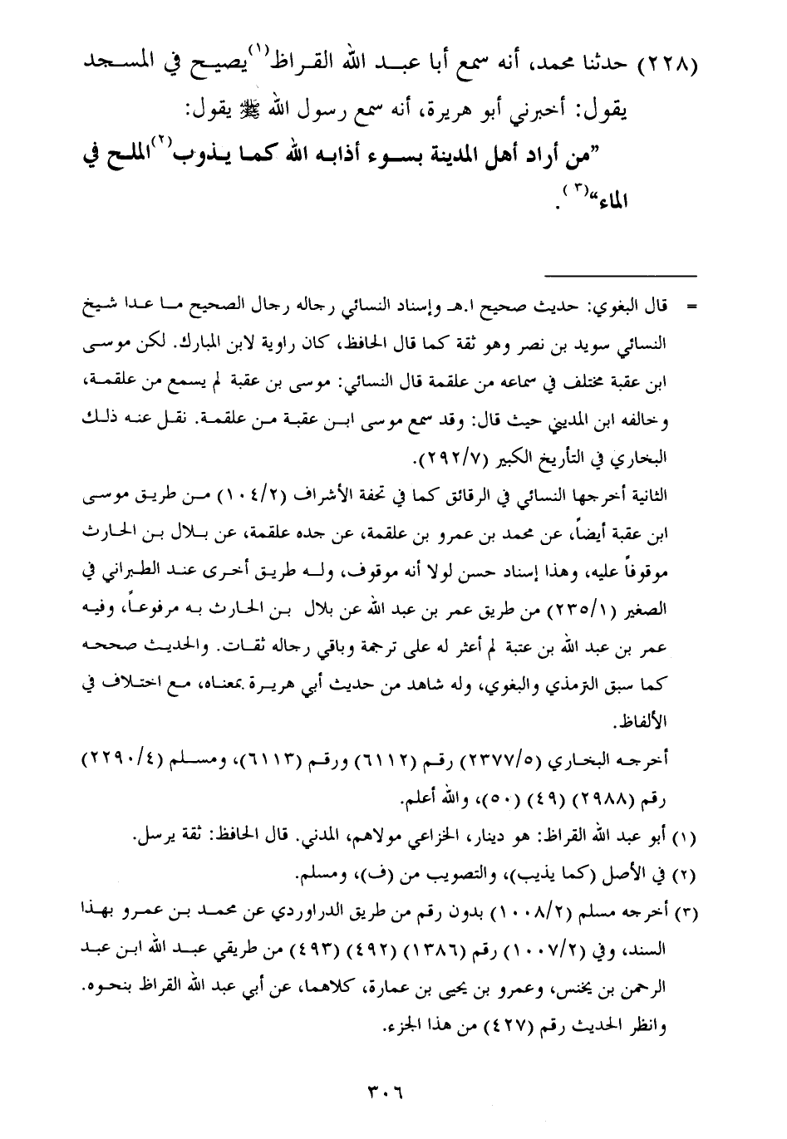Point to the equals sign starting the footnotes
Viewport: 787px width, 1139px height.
pyautogui.click(x=691, y=307)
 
